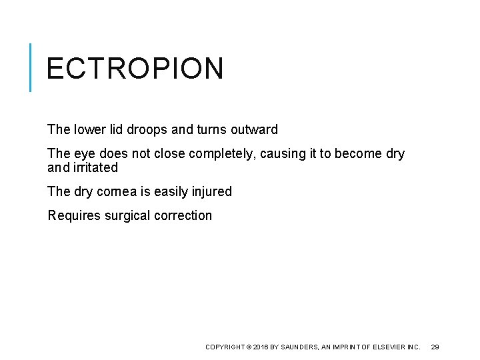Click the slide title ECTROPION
tap(135, 69)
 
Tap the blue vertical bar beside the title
tap(31, 67)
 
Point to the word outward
tap(254, 129)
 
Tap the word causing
tap(281, 154)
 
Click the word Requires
tap(74, 215)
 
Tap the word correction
tap(185, 215)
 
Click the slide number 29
tap(435, 347)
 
